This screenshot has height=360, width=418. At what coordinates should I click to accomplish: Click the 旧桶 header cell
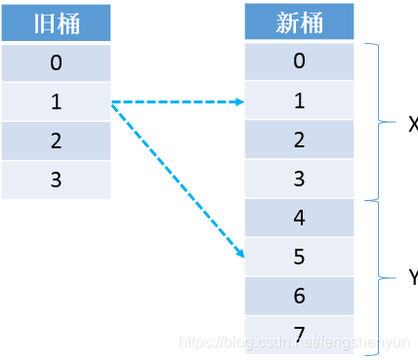tap(56, 23)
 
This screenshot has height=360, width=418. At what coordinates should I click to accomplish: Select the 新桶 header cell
tap(299, 23)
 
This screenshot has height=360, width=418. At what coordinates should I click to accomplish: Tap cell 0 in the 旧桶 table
tap(56, 63)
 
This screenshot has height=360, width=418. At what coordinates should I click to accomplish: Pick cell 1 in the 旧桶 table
tap(56, 102)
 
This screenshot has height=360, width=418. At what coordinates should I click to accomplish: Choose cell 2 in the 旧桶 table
tap(56, 140)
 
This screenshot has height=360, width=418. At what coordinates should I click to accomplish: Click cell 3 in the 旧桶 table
tap(56, 180)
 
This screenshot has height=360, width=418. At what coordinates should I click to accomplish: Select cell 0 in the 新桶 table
tap(299, 61)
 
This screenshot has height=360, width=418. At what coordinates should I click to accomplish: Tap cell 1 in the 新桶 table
tap(299, 100)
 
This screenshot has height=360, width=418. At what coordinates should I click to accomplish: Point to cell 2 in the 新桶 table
tap(299, 140)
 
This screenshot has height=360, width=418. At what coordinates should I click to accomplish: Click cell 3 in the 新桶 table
tap(299, 179)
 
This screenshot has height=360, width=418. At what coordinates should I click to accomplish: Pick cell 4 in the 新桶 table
tap(299, 218)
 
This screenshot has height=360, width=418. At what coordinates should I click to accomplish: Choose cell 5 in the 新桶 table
tap(299, 257)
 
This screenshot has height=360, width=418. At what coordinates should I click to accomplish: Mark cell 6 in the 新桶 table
tap(299, 296)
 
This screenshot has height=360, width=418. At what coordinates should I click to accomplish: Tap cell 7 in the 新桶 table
tap(299, 335)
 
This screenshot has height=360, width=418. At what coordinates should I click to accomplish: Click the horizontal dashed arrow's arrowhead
tap(239, 101)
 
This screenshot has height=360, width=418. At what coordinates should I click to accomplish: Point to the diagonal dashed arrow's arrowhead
tap(239, 255)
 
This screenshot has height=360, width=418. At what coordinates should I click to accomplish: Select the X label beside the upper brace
tap(411, 123)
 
